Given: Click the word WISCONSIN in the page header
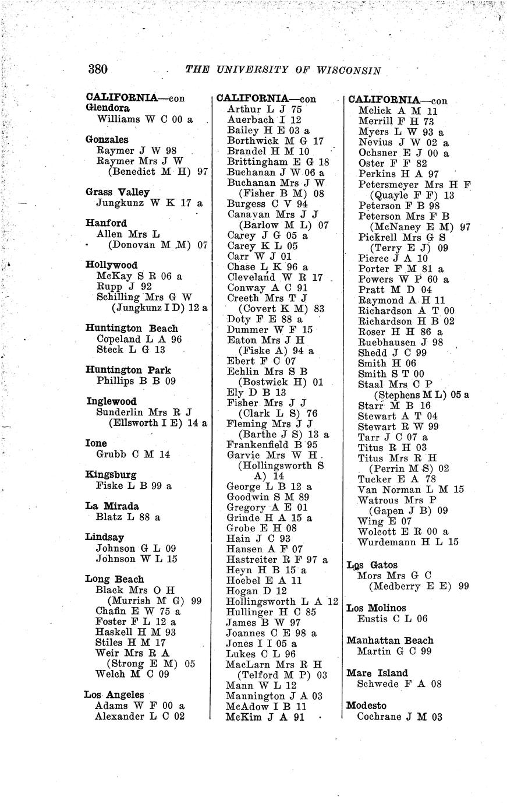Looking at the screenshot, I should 350,70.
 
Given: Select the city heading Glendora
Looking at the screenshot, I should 108,108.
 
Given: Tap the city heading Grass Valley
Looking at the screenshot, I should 118,192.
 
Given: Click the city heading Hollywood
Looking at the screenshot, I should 111,265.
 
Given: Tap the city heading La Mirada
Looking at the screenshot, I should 112,506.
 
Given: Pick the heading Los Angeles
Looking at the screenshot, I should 114,694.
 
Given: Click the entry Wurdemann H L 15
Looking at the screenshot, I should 408,542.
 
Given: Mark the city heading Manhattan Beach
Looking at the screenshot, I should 389,640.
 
